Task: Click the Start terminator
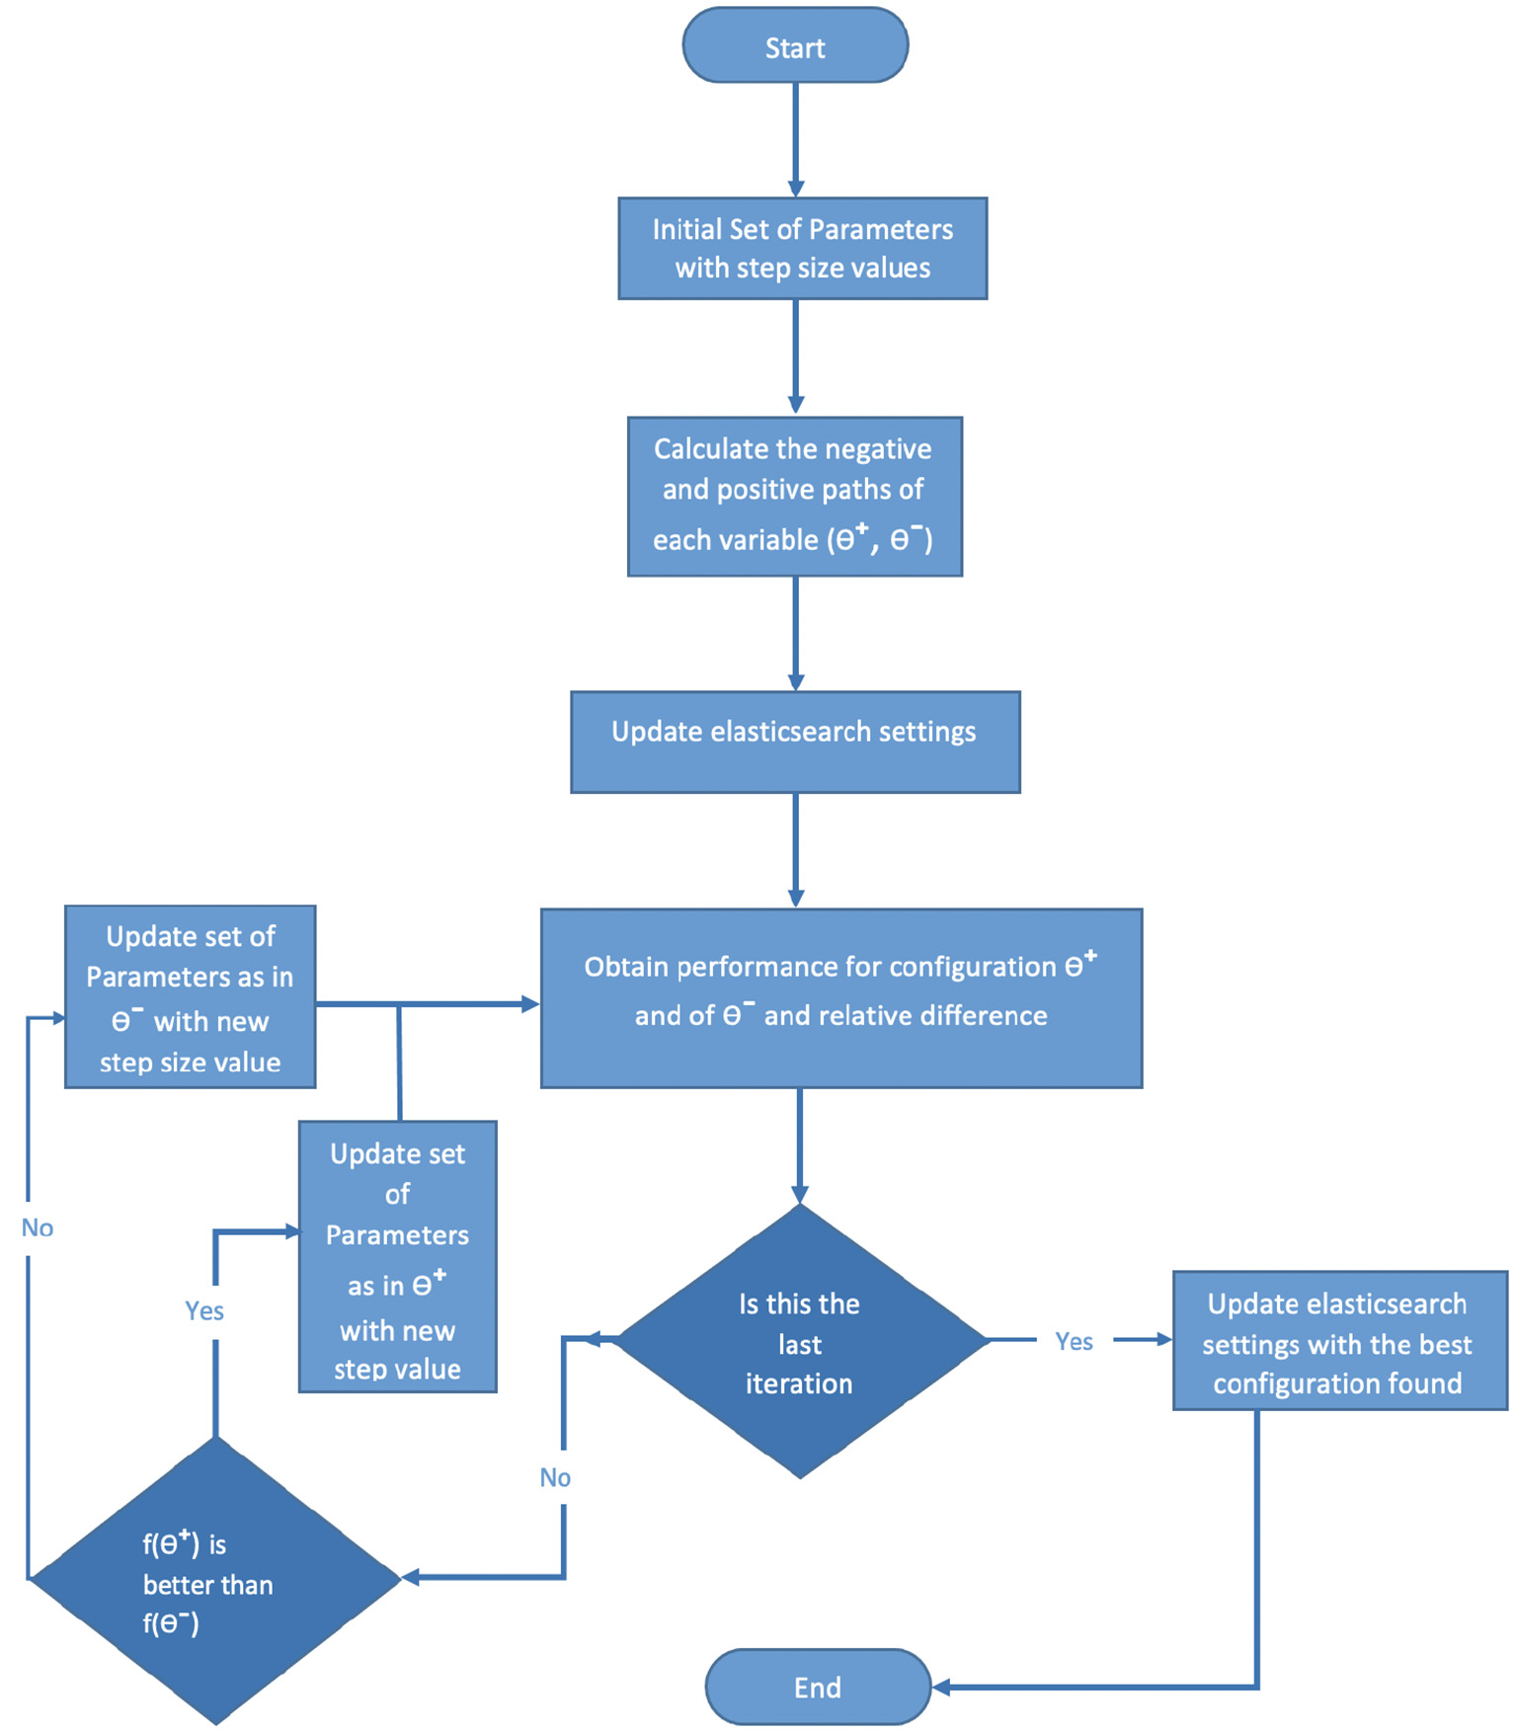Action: pyautogui.click(x=795, y=46)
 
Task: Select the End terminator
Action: pyautogui.click(x=818, y=1687)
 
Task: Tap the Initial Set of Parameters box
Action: pyautogui.click(x=802, y=249)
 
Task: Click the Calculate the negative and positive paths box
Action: pyautogui.click(x=794, y=496)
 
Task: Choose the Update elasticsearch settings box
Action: pyautogui.click(x=795, y=742)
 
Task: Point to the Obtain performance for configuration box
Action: pyautogui.click(x=840, y=997)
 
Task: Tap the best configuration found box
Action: pyautogui.click(x=1338, y=1340)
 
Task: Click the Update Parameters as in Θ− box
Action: pyautogui.click(x=190, y=996)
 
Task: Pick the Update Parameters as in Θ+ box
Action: pyautogui.click(x=397, y=1256)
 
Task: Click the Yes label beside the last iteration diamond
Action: pyautogui.click(x=1074, y=1341)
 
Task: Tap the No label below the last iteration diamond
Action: pyautogui.click(x=555, y=1477)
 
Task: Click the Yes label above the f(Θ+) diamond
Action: pyautogui.click(x=204, y=1310)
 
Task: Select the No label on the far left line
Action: pyautogui.click(x=38, y=1227)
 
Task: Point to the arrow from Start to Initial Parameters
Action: pyautogui.click(x=795, y=138)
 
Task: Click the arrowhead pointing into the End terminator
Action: pyautogui.click(x=941, y=1688)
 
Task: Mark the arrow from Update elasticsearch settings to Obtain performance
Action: pyautogui.click(x=795, y=849)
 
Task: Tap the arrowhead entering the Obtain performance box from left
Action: pyautogui.click(x=530, y=1004)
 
